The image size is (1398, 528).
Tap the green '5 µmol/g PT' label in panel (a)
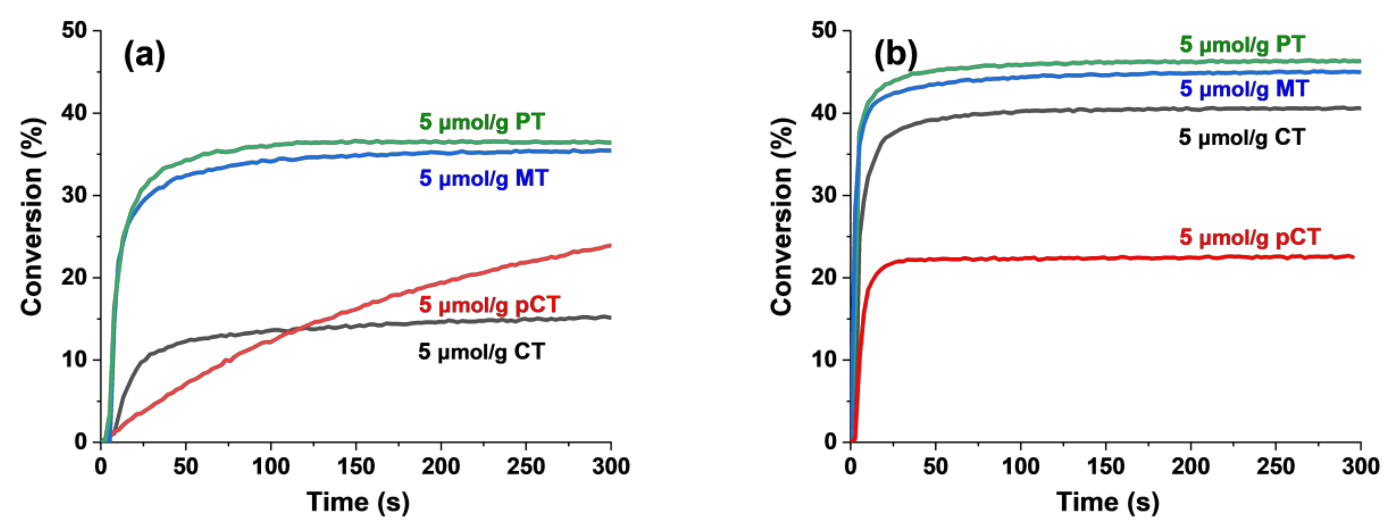(482, 122)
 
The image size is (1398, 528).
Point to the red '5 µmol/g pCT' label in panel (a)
(489, 304)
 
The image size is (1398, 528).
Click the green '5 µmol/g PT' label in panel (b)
(1242, 45)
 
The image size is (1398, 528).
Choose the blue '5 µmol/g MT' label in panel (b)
(1244, 88)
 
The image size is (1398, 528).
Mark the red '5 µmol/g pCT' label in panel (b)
(1249, 237)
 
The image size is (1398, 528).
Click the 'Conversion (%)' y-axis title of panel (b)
(782, 216)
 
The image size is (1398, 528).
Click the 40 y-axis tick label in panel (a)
(74, 113)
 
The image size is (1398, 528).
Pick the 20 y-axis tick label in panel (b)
(824, 277)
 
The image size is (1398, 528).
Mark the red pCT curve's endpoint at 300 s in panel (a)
(610, 246)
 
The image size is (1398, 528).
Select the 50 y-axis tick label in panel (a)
(74, 30)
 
